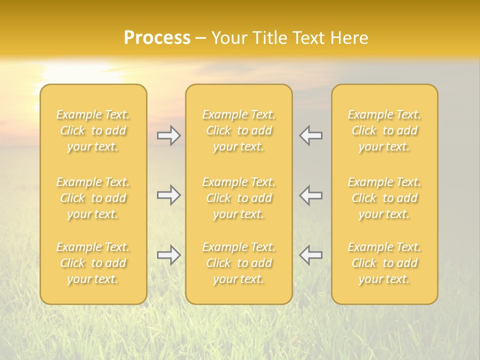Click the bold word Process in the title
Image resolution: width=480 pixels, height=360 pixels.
tap(157, 38)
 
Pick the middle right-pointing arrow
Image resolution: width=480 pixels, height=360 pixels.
tap(169, 195)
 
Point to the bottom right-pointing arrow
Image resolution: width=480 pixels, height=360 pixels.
tap(169, 255)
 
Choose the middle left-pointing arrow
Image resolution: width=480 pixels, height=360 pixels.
tap(310, 195)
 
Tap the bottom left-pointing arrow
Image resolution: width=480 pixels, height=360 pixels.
tap(310, 255)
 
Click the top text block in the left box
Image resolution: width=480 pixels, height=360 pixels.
tap(93, 130)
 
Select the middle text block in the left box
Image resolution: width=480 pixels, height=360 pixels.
tap(93, 198)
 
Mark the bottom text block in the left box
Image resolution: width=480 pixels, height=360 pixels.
tap(93, 263)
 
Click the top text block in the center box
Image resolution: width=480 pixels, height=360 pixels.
tap(238, 130)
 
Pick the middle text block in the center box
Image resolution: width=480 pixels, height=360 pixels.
tap(238, 198)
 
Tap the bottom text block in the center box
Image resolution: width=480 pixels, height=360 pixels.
tap(238, 263)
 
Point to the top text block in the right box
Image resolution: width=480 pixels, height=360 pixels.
tap(384, 130)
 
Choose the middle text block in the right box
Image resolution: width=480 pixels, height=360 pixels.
tap(384, 198)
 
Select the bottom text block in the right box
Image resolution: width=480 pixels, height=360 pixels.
tap(384, 263)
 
